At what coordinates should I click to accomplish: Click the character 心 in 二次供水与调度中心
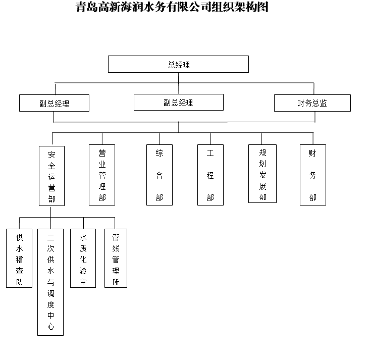tap(50, 326)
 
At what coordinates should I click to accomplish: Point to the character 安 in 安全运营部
tap(51, 155)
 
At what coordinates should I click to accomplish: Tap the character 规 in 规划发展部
tap(262, 152)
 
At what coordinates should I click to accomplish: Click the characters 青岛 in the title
tap(87, 7)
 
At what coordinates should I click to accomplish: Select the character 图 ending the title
tap(262, 7)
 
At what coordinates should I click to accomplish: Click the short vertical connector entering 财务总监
tap(314, 88)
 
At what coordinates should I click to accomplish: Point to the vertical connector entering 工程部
tap(210, 138)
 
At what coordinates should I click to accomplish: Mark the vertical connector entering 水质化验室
tap(83, 223)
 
